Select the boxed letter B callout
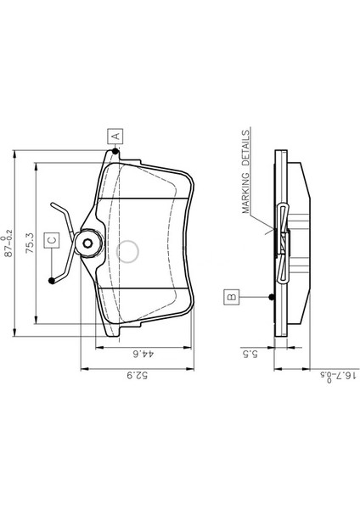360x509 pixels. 231,297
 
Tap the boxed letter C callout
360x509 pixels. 52,240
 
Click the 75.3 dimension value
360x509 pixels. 30,243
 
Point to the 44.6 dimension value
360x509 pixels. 143,354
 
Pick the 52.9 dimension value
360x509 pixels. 137,376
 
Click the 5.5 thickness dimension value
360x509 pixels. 250,354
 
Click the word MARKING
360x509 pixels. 246,193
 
